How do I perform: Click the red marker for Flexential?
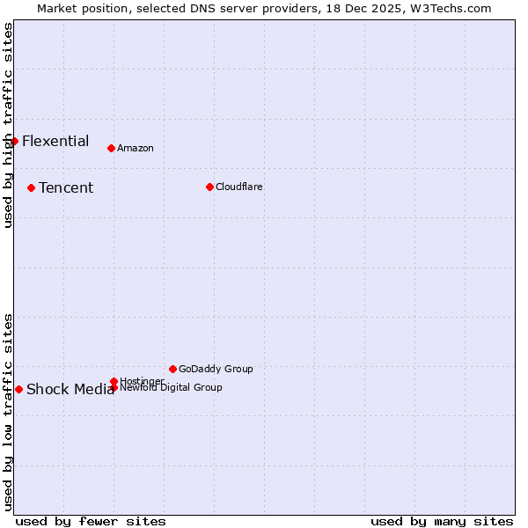point(14,141)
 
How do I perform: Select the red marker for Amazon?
point(111,148)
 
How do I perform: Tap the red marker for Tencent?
point(31,187)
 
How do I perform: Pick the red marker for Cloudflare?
point(209,187)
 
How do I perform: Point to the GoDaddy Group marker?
point(172,369)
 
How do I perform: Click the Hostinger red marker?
point(114,381)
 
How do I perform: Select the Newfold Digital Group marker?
point(114,387)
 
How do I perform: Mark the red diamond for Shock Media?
point(18,389)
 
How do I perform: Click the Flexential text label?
point(55,141)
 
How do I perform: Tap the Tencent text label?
point(66,187)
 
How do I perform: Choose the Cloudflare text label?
point(239,187)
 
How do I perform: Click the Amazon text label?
point(136,148)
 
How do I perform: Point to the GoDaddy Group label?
point(216,369)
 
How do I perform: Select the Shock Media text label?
point(70,390)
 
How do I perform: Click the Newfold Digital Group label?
point(172,387)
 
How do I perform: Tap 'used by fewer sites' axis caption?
point(91,521)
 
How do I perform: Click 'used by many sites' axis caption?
point(442,521)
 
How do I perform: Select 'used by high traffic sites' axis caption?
point(8,125)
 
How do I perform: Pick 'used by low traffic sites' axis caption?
point(8,412)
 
